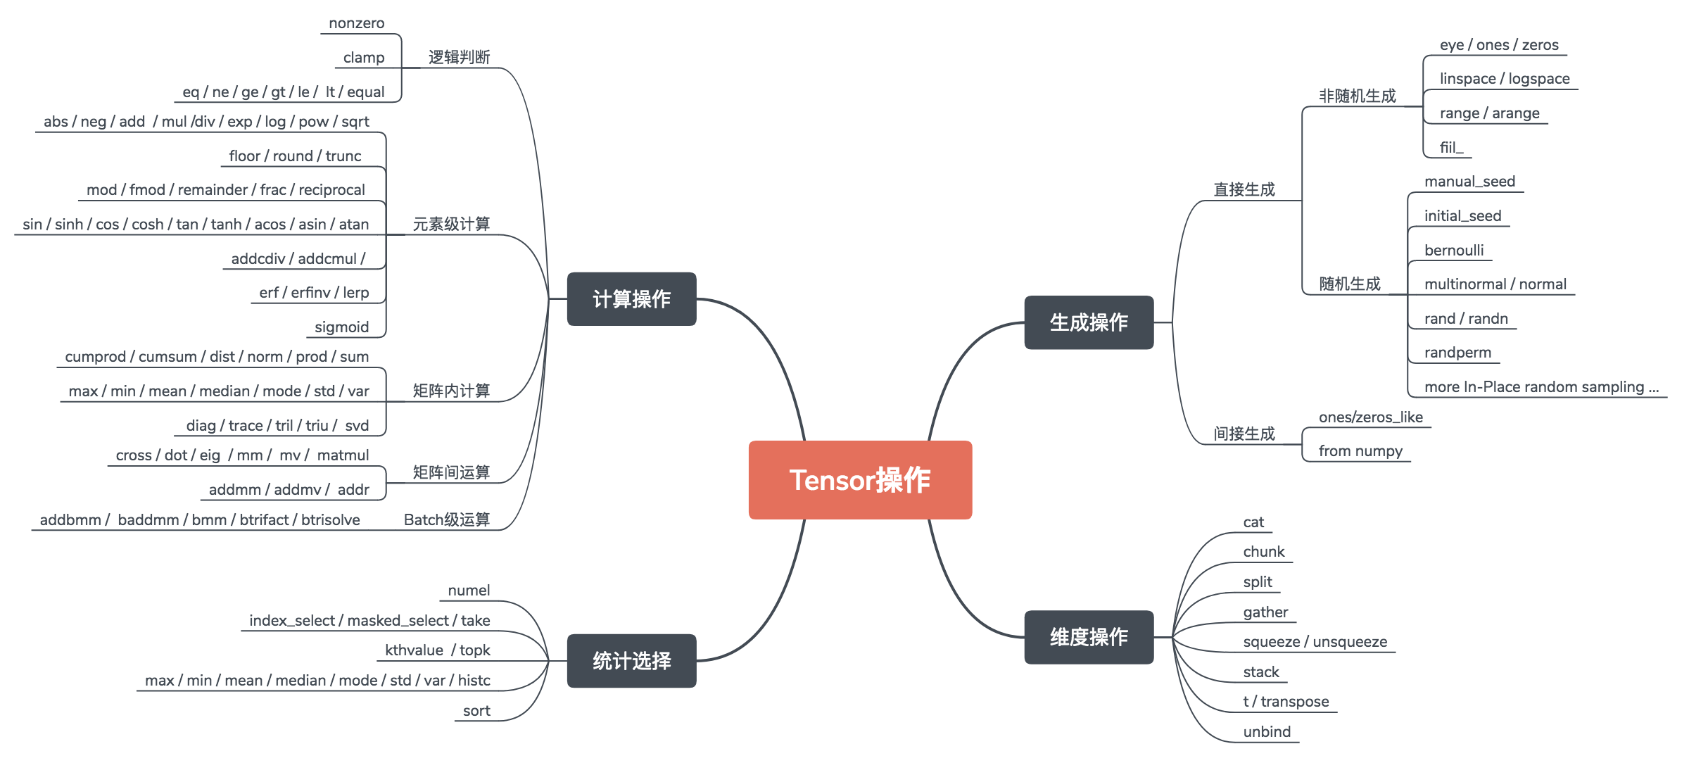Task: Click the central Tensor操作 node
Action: point(860,480)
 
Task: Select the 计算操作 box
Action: point(631,299)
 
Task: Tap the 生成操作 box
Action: point(1089,322)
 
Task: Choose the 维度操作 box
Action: point(1089,637)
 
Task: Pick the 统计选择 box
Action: point(631,661)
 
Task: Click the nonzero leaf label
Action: point(357,23)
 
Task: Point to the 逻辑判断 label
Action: point(459,57)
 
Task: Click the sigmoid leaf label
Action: point(341,327)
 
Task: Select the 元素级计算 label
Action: point(451,224)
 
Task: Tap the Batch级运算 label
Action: point(446,519)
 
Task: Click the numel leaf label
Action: point(469,591)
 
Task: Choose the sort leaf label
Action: point(476,711)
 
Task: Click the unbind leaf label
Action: point(1267,732)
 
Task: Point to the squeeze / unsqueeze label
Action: point(1315,642)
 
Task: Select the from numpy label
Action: point(1360,451)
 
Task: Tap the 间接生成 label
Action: point(1244,434)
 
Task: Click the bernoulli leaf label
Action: point(1454,251)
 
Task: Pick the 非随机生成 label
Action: point(1357,96)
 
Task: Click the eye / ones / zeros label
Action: point(1499,45)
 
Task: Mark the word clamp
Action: point(364,58)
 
